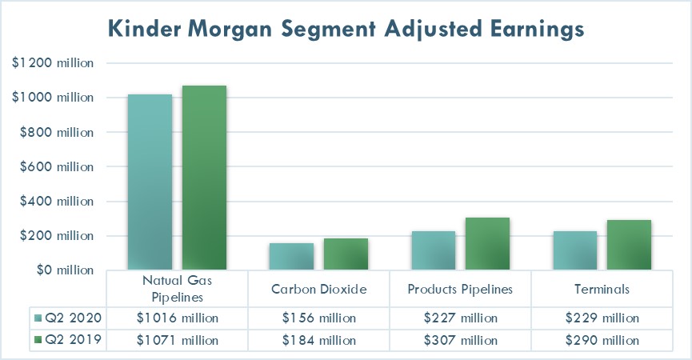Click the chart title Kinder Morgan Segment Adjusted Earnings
[x=346, y=29]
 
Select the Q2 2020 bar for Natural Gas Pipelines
[x=150, y=182]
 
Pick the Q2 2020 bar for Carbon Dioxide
[x=291, y=257]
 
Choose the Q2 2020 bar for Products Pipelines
[x=434, y=250]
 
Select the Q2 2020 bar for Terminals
[x=575, y=250]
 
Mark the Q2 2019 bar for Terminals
[x=629, y=246]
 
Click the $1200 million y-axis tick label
[x=53, y=63]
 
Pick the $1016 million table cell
[x=177, y=318]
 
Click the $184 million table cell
[x=318, y=340]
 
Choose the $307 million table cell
[x=460, y=340]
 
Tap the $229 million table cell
[x=602, y=318]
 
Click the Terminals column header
[x=602, y=289]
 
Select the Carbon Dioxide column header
[x=318, y=289]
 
